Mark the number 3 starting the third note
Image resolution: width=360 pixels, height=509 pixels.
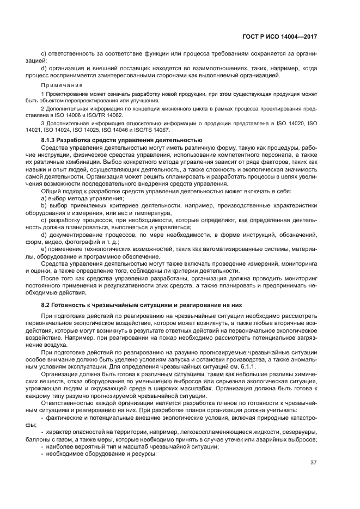tap(42, 124)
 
